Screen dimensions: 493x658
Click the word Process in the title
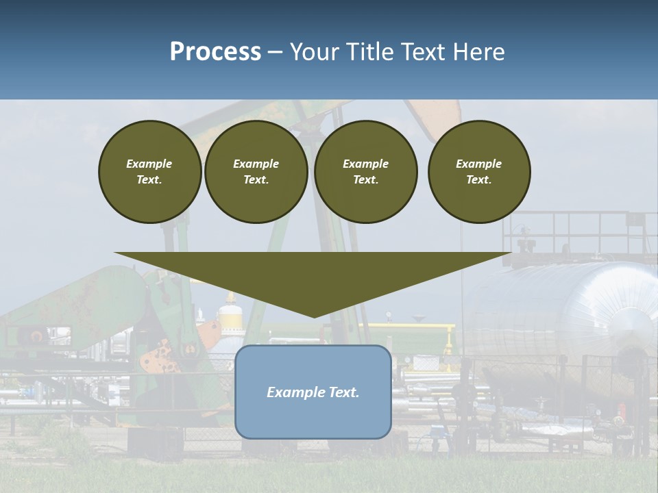pyautogui.click(x=215, y=52)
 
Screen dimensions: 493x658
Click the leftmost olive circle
pyautogui.click(x=150, y=172)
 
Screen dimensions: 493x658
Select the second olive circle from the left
pyautogui.click(x=256, y=172)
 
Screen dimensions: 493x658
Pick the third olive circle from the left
pyautogui.click(x=366, y=172)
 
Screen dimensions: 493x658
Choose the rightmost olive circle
pyautogui.click(x=479, y=172)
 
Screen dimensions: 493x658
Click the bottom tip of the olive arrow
pyautogui.click(x=314, y=316)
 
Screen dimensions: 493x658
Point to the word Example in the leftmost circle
pyautogui.click(x=149, y=164)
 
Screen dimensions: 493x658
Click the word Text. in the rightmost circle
pyautogui.click(x=479, y=180)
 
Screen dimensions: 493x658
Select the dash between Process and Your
pyautogui.click(x=275, y=52)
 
